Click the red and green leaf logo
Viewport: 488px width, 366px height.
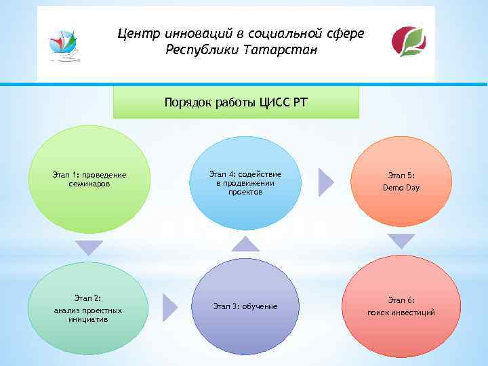409,41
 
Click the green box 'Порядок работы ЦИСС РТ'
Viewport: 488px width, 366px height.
235,102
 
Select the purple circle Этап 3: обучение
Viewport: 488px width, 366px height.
245,306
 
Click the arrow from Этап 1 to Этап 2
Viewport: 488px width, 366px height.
89,247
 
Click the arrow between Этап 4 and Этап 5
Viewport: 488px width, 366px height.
326,182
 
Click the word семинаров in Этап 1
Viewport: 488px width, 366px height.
89,184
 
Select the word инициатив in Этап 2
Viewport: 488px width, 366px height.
89,319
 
